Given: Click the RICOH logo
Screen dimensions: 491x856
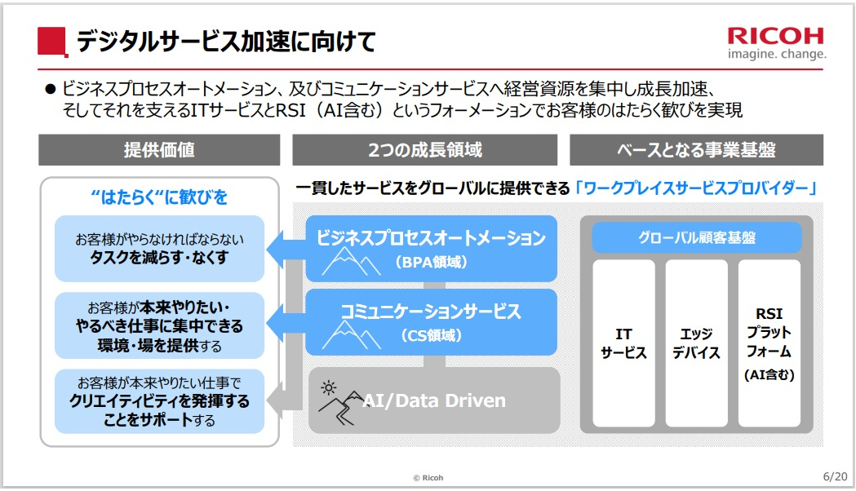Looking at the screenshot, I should click(776, 37).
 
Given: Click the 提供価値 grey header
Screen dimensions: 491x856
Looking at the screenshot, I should click(159, 150).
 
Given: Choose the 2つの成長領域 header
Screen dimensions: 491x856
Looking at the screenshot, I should click(424, 150).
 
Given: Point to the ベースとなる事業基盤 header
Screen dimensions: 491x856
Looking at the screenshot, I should click(696, 150).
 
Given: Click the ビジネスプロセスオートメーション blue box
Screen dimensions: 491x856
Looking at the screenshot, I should click(432, 248).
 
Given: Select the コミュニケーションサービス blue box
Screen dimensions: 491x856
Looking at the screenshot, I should click(432, 321).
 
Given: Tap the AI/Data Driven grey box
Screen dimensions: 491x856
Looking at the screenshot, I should click(433, 400).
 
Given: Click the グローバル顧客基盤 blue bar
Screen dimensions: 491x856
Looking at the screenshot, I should click(696, 237).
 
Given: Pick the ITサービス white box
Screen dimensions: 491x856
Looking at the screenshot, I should click(623, 343).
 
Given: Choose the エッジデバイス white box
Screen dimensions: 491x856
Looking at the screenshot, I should click(696, 343).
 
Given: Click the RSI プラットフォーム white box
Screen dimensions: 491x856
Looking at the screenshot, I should click(769, 343).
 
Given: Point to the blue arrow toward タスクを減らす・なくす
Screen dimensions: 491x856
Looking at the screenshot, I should click(282, 248).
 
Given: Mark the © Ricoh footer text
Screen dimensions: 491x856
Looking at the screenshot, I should click(428, 477).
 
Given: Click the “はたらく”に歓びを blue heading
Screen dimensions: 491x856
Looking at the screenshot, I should click(159, 197).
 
